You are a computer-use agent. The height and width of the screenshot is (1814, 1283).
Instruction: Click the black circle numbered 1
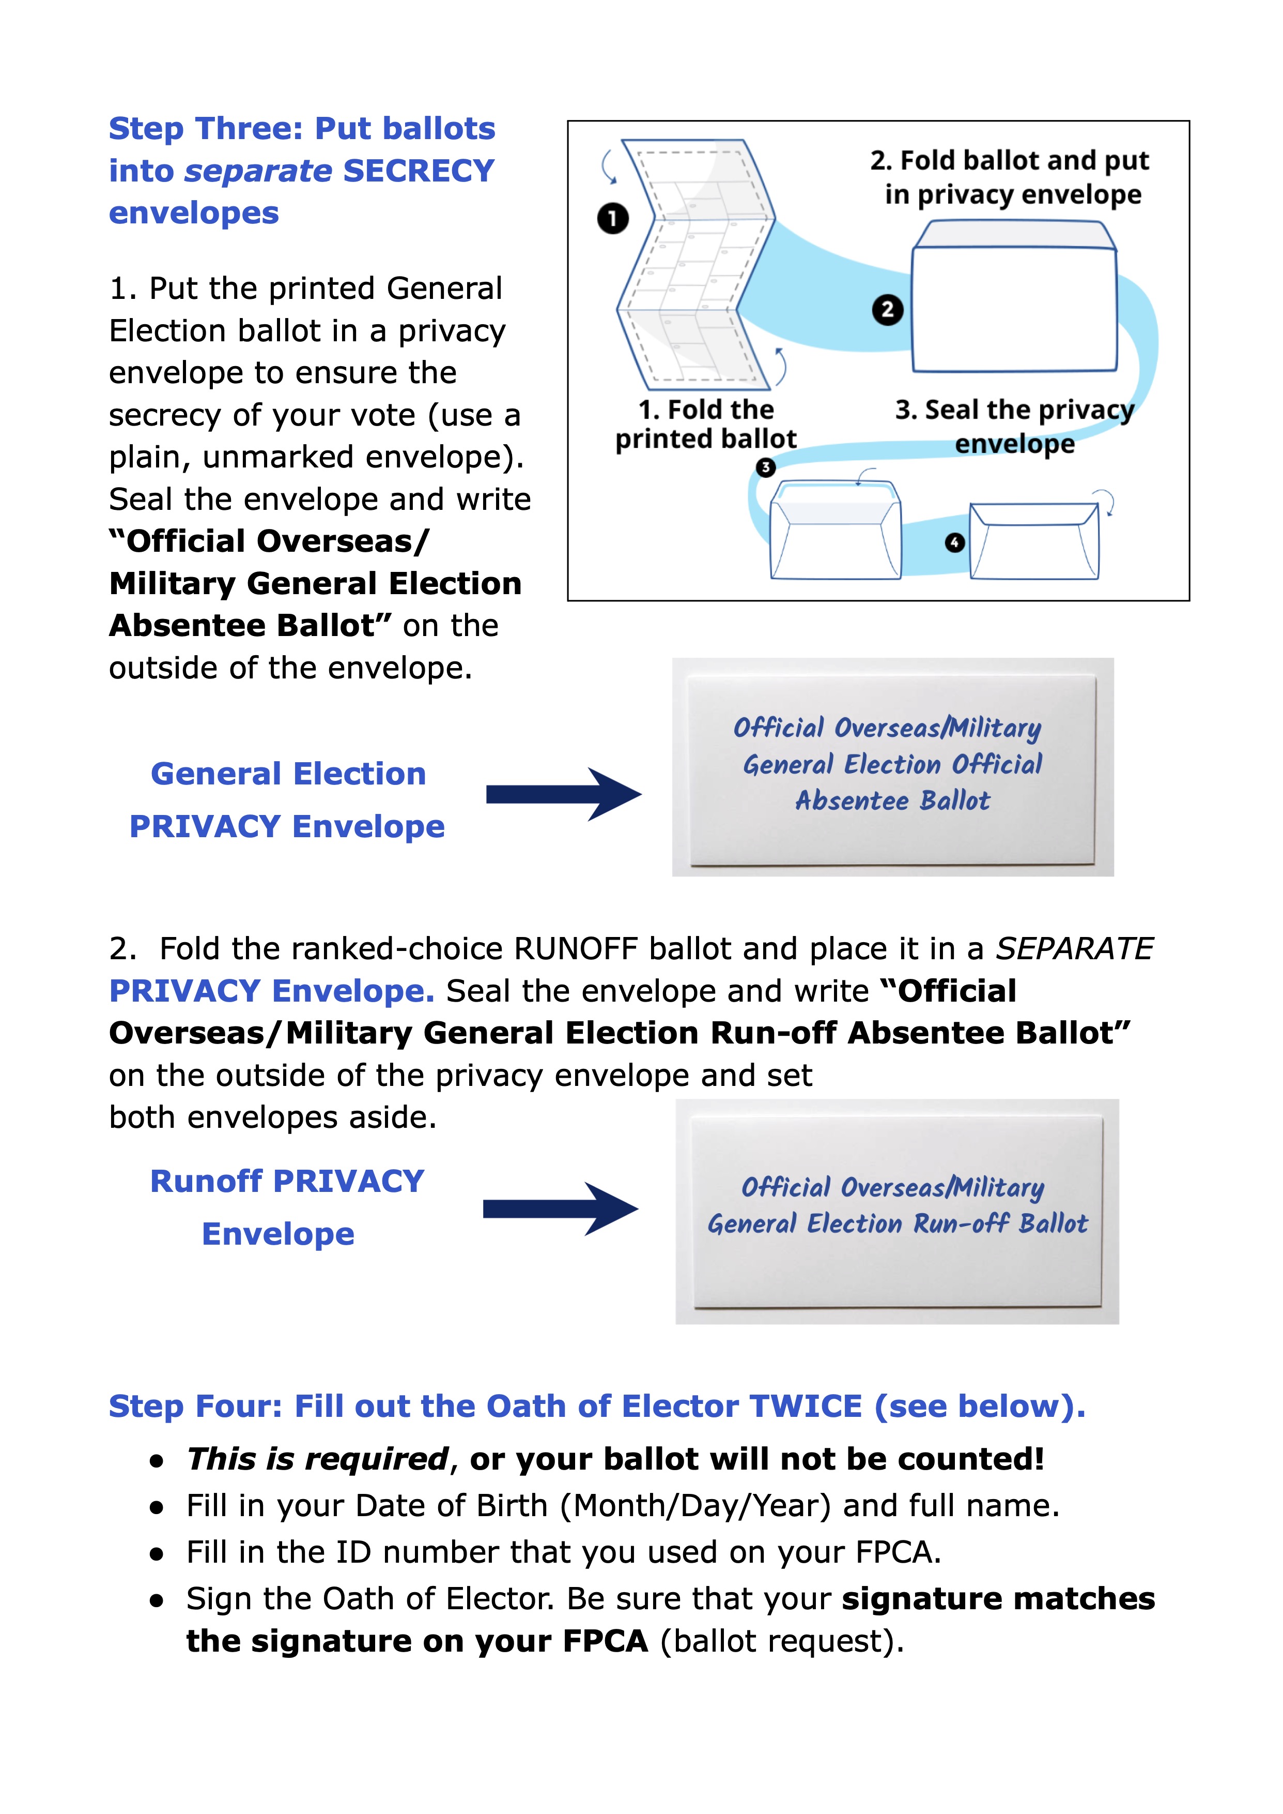pyautogui.click(x=612, y=218)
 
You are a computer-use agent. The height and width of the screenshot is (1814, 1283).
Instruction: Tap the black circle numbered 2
pyautogui.click(x=887, y=309)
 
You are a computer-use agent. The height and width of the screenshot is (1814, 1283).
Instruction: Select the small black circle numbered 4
pyautogui.click(x=954, y=543)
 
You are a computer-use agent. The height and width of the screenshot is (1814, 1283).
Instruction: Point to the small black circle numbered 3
pyautogui.click(x=765, y=467)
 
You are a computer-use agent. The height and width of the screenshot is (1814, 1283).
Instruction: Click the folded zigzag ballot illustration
pyautogui.click(x=695, y=265)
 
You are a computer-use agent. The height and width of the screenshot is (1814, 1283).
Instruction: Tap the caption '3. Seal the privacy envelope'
pyautogui.click(x=1014, y=426)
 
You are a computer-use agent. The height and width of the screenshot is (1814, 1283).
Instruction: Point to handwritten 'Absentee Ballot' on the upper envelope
pyautogui.click(x=892, y=800)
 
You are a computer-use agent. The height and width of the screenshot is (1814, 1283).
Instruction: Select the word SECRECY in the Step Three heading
pyautogui.click(x=419, y=171)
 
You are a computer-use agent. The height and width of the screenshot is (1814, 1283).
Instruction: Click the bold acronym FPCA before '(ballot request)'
pyautogui.click(x=605, y=1641)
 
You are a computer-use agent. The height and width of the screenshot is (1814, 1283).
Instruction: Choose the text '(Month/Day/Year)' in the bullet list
pyautogui.click(x=695, y=1506)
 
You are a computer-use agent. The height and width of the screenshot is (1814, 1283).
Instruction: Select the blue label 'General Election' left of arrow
pyautogui.click(x=288, y=774)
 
